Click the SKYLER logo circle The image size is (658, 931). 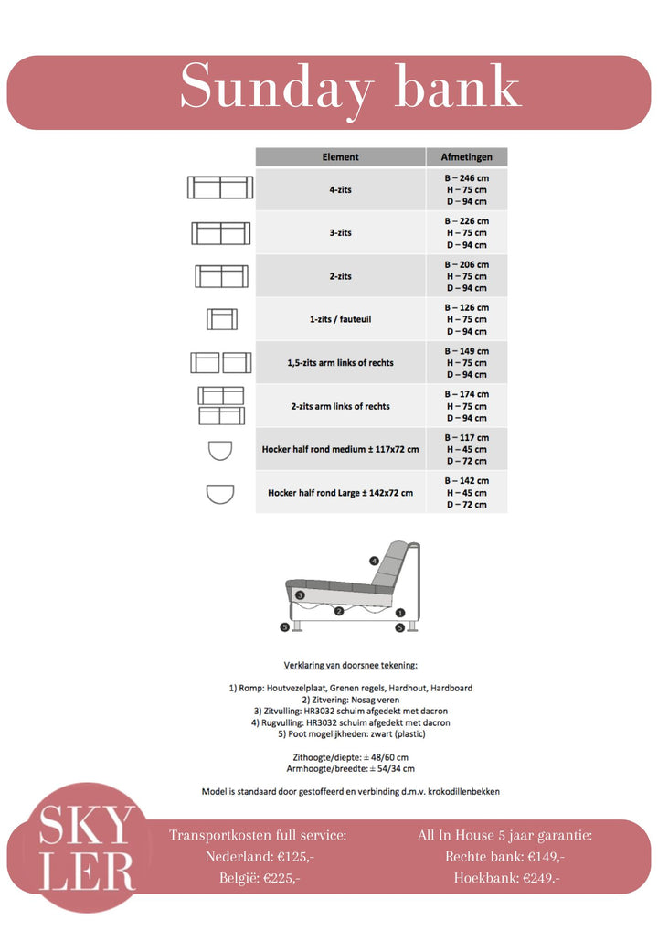87,848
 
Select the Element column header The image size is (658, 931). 340,157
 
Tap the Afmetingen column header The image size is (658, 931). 466,157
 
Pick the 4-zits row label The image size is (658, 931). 340,189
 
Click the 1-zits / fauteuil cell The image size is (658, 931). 340,319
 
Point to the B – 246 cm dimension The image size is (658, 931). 466,177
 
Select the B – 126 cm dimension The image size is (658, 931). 466,307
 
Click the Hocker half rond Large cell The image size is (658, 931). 340,493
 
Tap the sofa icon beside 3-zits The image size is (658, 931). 220,233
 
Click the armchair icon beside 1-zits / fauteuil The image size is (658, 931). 222,319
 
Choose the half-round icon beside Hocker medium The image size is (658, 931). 220,452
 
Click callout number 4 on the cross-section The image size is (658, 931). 374,560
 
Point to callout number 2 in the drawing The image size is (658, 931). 338,611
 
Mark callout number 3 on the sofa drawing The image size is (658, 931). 299,595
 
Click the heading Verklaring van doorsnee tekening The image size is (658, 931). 350,665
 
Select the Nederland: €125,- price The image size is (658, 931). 257,857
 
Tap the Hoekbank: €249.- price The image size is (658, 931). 504,878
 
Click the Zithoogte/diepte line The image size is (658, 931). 350,757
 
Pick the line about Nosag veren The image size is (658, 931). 350,699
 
